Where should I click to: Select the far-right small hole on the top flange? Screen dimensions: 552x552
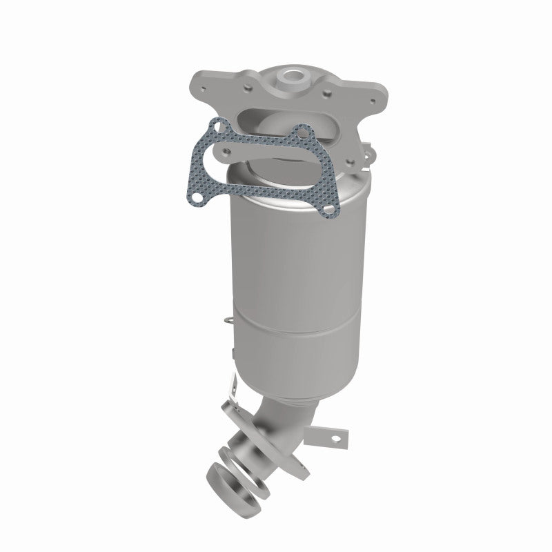tap(373, 101)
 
